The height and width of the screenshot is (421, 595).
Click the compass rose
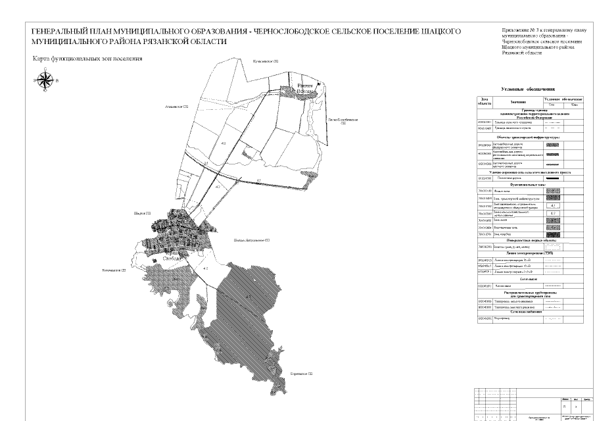click(x=45, y=80)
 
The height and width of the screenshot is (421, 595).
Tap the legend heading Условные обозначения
click(x=528, y=89)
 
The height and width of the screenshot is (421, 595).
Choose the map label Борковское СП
click(x=301, y=374)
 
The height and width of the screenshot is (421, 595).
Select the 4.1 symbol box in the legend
click(x=552, y=205)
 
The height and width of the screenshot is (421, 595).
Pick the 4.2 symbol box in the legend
click(x=552, y=213)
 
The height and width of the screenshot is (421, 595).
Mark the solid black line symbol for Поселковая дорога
click(x=552, y=178)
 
